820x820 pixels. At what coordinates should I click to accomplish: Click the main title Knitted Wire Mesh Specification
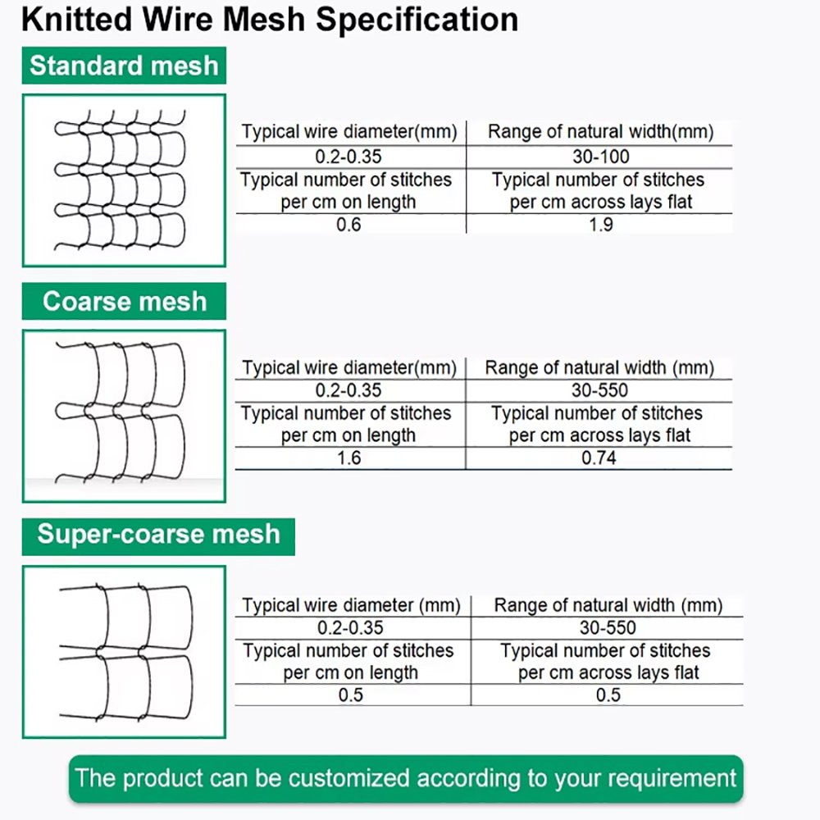[270, 20]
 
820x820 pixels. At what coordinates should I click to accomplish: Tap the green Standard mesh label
[124, 66]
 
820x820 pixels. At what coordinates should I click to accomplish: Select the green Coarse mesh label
[125, 302]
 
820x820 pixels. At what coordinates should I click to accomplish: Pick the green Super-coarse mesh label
[158, 535]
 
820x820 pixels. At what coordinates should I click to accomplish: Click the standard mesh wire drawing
[124, 180]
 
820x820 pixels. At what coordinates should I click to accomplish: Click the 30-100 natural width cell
[600, 157]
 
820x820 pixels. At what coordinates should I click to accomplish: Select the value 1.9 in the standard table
[600, 224]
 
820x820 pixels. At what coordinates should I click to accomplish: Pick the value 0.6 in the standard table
[349, 224]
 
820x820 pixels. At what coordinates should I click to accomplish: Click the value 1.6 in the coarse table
[349, 458]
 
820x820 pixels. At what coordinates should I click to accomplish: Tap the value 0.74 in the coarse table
[599, 458]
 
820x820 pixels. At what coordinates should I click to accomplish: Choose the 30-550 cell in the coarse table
[599, 390]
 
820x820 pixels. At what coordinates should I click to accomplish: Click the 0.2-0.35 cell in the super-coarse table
[350, 628]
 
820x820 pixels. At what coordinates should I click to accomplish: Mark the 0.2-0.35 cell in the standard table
[349, 157]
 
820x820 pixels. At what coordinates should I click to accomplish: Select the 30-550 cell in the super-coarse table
[608, 628]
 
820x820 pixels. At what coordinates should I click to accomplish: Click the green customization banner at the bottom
[406, 778]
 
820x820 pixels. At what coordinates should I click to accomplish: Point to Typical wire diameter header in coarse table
[349, 368]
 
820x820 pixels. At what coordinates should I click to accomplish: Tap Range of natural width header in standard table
[600, 132]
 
